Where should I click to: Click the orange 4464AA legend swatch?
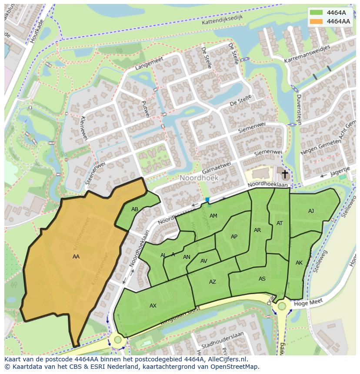(x=317, y=21)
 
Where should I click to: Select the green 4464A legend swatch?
(x=317, y=13)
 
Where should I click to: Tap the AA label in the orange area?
(x=76, y=257)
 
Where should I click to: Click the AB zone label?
(x=135, y=209)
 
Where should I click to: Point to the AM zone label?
(x=213, y=216)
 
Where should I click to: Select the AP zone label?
(x=234, y=237)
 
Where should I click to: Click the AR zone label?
(x=257, y=230)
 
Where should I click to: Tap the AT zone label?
(x=280, y=223)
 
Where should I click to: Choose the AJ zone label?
(x=311, y=211)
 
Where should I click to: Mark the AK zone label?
(x=299, y=263)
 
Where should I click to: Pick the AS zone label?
(x=262, y=279)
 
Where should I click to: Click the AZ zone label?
(x=212, y=282)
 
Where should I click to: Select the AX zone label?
(x=153, y=306)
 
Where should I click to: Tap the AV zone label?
(x=204, y=261)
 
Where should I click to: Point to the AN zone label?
(x=187, y=257)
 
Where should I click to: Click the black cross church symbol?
(x=285, y=175)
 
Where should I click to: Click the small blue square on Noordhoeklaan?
(x=207, y=200)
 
